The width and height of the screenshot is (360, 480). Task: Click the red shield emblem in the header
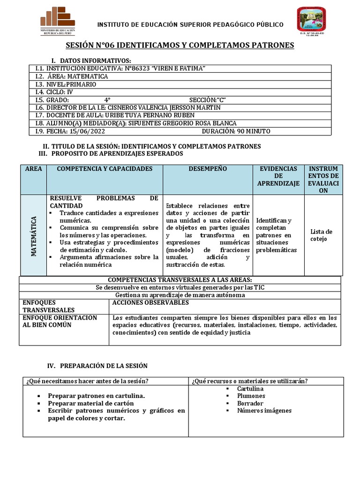coord(310,21)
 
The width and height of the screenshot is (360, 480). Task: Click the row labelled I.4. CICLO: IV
coord(54,92)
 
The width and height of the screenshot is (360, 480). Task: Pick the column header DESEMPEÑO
coord(208,168)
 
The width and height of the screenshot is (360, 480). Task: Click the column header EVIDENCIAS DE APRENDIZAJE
coord(278,176)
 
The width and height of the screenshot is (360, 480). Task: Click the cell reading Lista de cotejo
coord(321,235)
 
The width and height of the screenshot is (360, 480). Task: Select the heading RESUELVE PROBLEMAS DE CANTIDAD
coord(104,202)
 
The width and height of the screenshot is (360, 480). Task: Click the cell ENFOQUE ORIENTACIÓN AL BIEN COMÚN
coord(60,321)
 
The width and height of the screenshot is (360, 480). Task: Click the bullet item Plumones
coord(251,396)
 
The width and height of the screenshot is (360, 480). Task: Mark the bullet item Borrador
coord(251,403)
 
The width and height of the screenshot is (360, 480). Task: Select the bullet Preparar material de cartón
coord(91,403)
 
